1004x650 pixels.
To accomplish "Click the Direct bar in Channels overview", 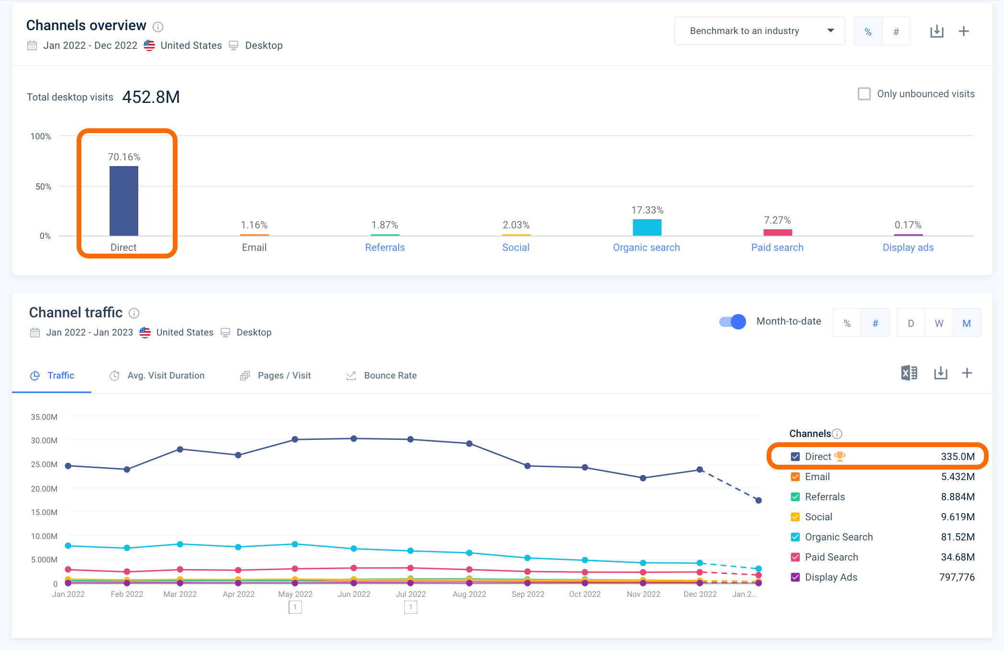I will pyautogui.click(x=124, y=201).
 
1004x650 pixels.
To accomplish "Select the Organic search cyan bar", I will pyautogui.click(x=647, y=227).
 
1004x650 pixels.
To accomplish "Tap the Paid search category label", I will pyautogui.click(x=777, y=247).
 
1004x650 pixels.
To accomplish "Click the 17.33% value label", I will pyautogui.click(x=647, y=210).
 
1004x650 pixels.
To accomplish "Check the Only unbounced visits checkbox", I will pyautogui.click(x=864, y=94).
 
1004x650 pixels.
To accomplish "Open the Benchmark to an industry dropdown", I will pyautogui.click(x=759, y=31).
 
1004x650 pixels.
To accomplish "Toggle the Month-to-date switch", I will pyautogui.click(x=733, y=322).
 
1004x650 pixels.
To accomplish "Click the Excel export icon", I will pyautogui.click(x=909, y=373).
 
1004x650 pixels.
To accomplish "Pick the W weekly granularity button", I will pyautogui.click(x=939, y=324).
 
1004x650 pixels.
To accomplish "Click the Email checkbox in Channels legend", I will pyautogui.click(x=795, y=477).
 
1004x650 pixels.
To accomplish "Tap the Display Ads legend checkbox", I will pyautogui.click(x=795, y=577).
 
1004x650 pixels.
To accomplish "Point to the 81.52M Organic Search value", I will pyautogui.click(x=958, y=537).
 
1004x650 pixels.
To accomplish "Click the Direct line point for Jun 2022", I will pyautogui.click(x=354, y=438).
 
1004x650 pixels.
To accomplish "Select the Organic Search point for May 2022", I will pyautogui.click(x=295, y=544).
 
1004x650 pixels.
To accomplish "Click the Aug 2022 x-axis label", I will pyautogui.click(x=469, y=594).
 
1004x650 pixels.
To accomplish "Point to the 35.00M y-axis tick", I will pyautogui.click(x=44, y=417).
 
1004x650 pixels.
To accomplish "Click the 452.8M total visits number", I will pyautogui.click(x=151, y=97).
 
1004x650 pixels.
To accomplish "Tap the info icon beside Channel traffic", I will pyautogui.click(x=134, y=313).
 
